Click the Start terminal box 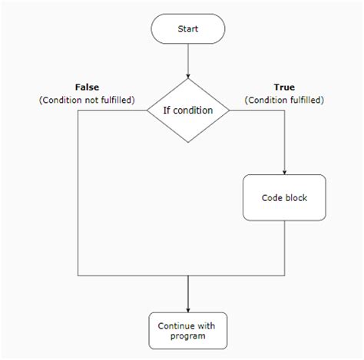click(188, 29)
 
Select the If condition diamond click(188, 110)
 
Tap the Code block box click(284, 197)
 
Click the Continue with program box click(188, 331)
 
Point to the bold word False click(87, 87)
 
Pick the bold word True click(284, 87)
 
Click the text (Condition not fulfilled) click(87, 100)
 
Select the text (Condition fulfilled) click(284, 100)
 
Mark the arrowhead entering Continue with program click(188, 308)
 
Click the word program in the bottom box click(188, 336)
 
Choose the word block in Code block click(296, 197)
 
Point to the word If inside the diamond click(167, 110)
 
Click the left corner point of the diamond click(147, 110)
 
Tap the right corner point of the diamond click(230, 110)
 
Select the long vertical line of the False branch click(78, 192)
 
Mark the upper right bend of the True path click(284, 110)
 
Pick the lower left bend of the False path click(78, 274)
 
